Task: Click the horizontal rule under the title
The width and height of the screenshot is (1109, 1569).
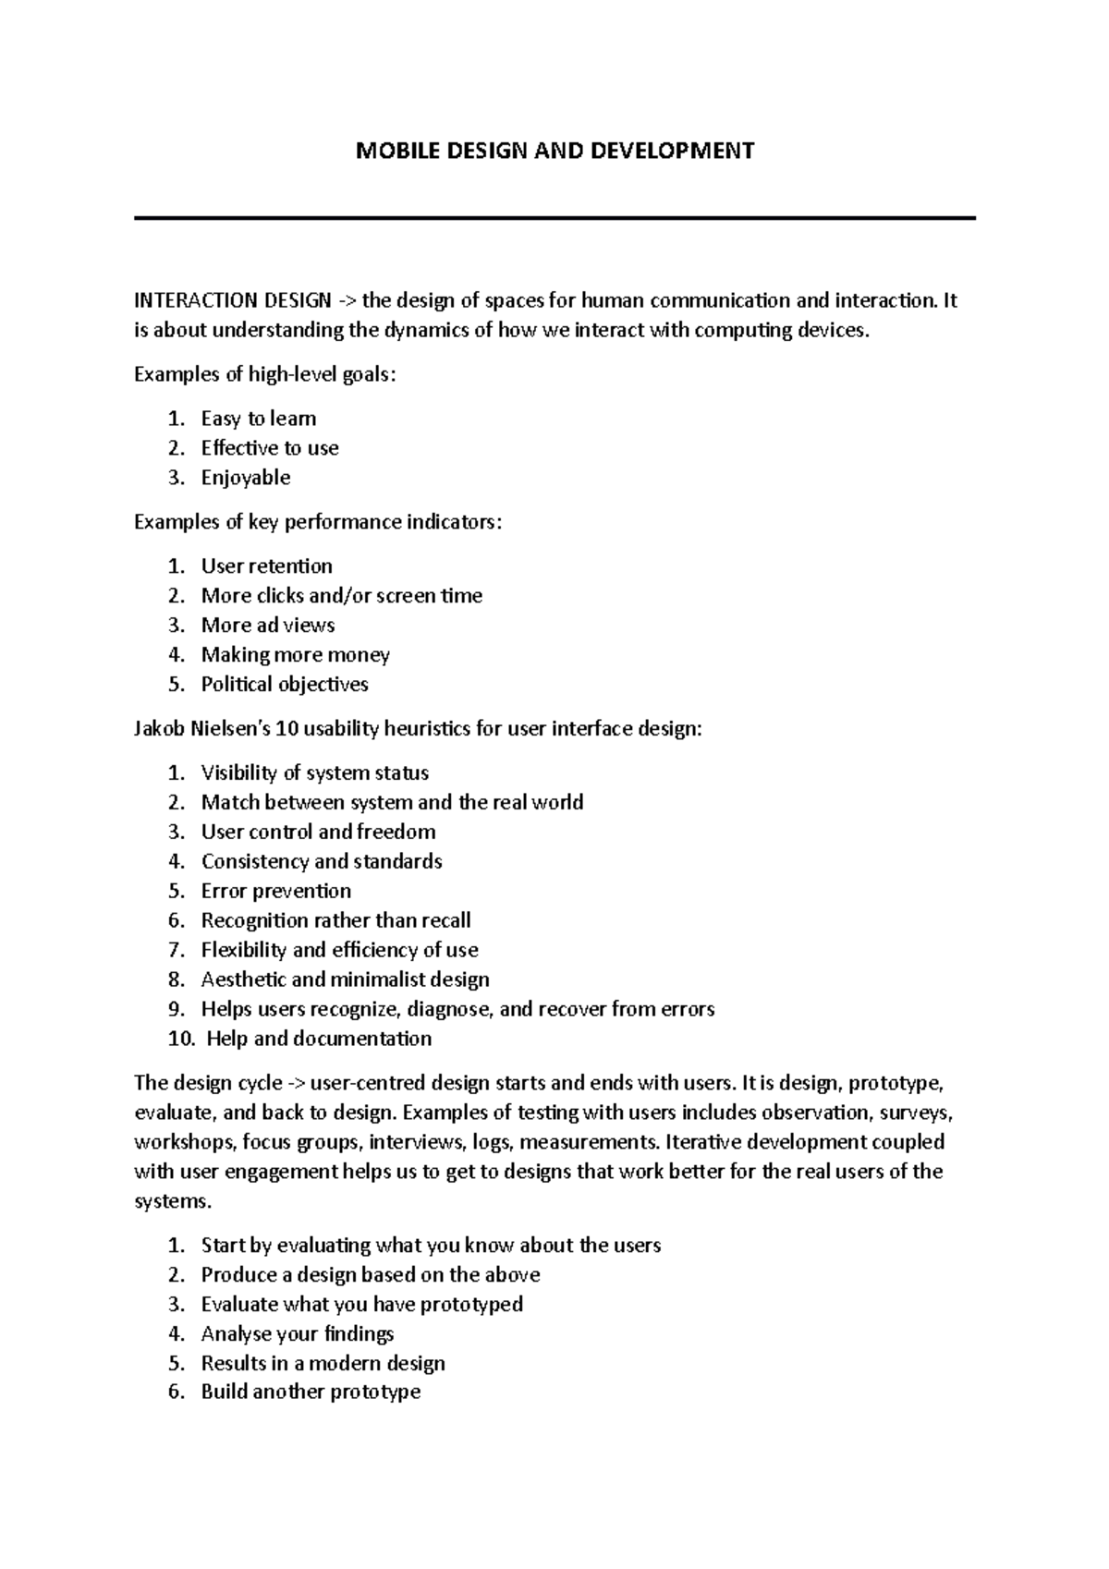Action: point(554,218)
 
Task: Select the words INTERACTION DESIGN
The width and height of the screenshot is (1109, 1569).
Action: point(232,300)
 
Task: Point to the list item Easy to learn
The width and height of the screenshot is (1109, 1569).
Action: point(259,419)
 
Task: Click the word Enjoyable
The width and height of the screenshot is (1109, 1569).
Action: point(246,478)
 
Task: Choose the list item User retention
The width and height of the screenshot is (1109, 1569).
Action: point(266,566)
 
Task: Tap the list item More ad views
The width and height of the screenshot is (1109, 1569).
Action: point(268,626)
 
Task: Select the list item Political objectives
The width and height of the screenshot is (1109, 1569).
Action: point(285,685)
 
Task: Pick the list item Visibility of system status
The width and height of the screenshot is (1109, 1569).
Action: point(315,773)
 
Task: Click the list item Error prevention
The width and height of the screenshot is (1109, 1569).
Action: point(276,892)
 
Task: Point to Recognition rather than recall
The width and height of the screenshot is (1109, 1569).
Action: point(336,921)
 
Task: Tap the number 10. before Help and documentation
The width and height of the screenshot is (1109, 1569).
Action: point(182,1040)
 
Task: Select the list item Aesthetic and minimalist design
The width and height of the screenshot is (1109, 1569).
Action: point(346,980)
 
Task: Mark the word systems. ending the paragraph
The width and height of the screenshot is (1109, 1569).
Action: point(173,1202)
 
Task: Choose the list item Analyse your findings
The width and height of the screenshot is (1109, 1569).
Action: point(298,1334)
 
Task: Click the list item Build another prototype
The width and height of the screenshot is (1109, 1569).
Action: point(311,1393)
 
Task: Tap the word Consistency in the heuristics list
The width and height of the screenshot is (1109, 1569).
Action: point(254,862)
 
